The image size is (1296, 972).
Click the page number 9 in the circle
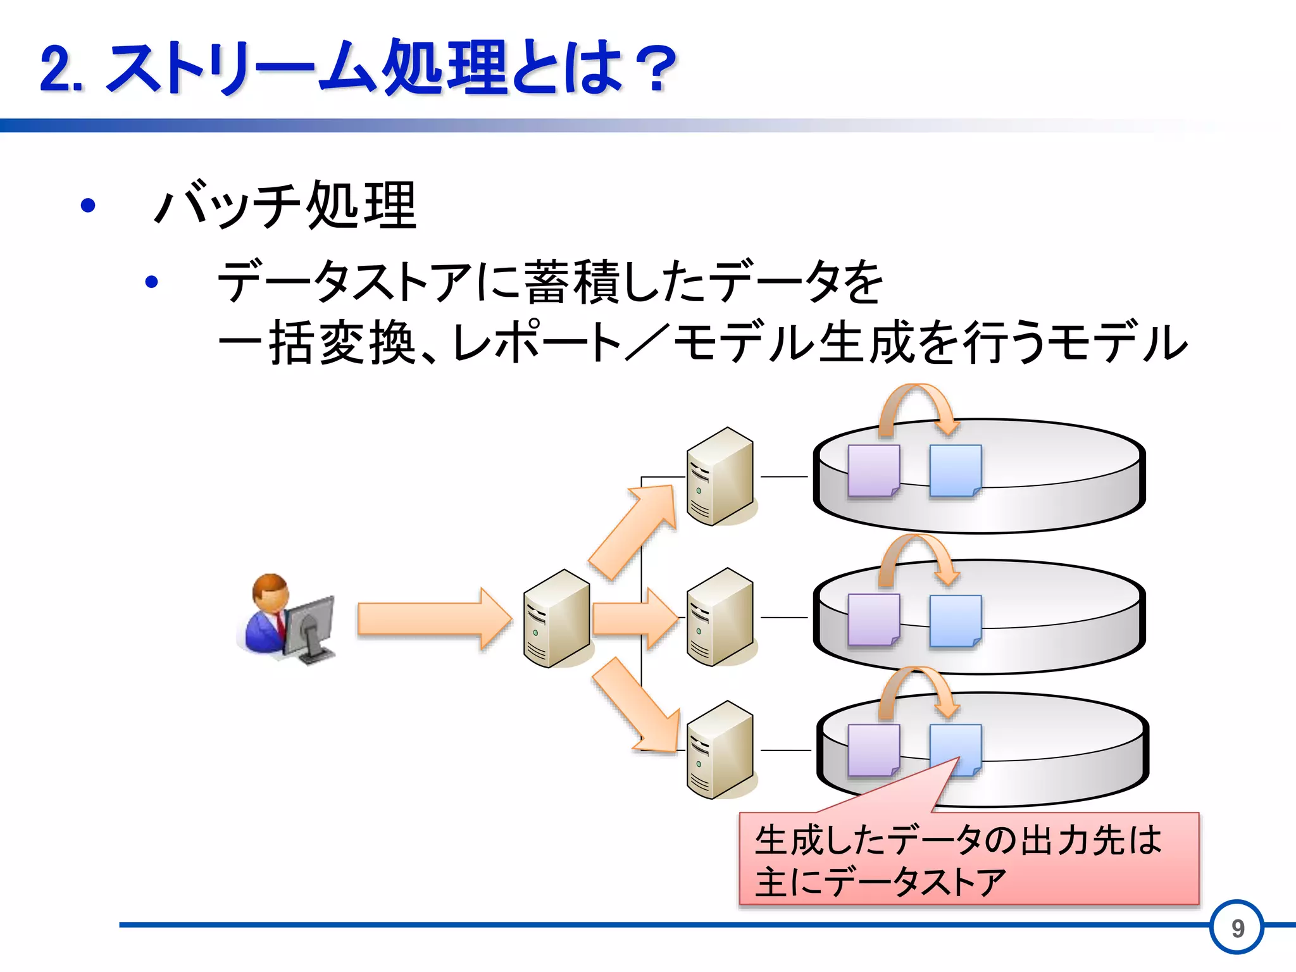pyautogui.click(x=1237, y=928)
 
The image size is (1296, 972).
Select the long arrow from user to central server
pyautogui.click(x=433, y=618)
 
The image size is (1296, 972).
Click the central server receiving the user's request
pyautogui.click(x=556, y=618)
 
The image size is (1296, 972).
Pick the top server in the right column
pyautogui.click(x=720, y=476)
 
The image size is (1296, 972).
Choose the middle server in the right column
pyautogui.click(x=720, y=617)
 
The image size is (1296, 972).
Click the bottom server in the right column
pyautogui.click(x=720, y=750)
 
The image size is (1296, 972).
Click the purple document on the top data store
pyautogui.click(x=873, y=471)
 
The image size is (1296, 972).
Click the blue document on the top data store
pyautogui.click(x=955, y=471)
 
